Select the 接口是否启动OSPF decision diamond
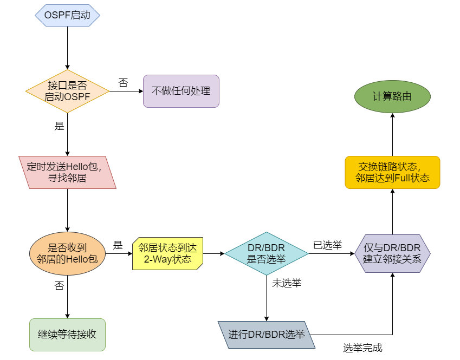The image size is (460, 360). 67,91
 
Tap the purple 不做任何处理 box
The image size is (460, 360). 181,91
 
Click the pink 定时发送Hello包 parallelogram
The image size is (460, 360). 67,172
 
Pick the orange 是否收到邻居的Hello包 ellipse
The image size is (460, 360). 67,253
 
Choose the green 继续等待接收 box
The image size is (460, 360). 67,335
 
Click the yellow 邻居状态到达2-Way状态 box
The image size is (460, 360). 168,253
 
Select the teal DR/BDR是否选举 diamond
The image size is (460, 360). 267,253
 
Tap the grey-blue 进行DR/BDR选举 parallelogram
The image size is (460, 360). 267,335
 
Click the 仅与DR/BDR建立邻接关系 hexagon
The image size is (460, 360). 392,253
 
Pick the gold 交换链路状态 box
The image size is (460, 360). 392,172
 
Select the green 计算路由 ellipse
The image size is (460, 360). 392,97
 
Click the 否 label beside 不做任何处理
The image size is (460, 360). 123,83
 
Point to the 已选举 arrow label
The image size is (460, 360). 328,245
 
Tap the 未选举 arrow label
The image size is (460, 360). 287,283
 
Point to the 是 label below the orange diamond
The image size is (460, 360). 59,127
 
